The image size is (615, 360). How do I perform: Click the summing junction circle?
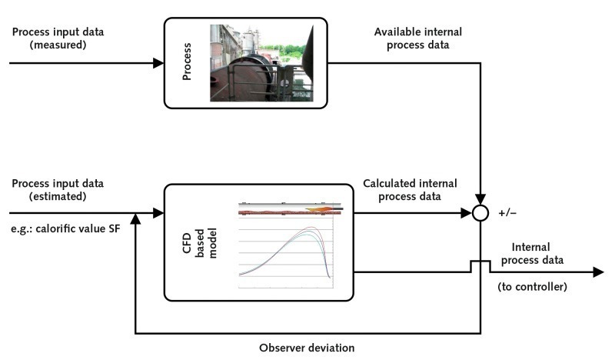[480, 213]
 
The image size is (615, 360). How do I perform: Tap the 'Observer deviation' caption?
[307, 347]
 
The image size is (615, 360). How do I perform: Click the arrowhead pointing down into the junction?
[480, 200]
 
